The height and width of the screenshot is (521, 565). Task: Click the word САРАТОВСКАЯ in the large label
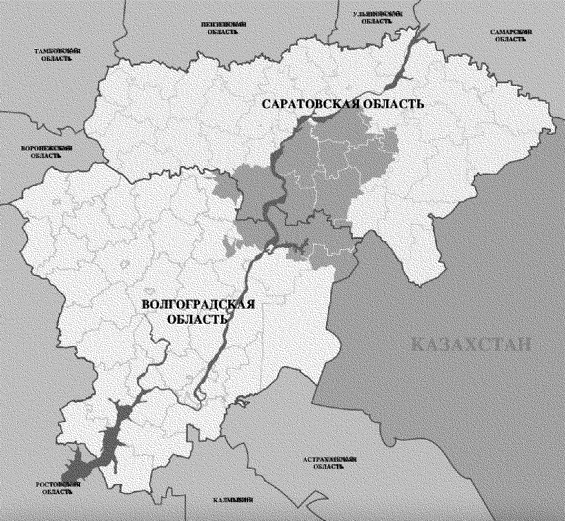click(x=310, y=104)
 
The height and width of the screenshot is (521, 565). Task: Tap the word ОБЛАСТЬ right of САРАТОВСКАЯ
click(x=394, y=104)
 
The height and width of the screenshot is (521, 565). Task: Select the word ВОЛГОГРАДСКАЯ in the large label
click(x=198, y=305)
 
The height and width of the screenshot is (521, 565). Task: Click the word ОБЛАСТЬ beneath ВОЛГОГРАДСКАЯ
click(x=198, y=319)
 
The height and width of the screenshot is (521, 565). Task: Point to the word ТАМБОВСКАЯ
click(x=57, y=51)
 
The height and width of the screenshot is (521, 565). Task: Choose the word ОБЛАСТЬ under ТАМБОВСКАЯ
click(x=56, y=58)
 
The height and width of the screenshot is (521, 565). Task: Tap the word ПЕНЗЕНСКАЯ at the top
click(x=223, y=24)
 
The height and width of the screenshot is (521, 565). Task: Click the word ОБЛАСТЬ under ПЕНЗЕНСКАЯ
click(x=223, y=32)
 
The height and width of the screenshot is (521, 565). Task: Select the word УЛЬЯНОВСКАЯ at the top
click(x=378, y=14)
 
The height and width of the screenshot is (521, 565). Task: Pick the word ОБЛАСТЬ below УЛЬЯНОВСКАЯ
click(x=377, y=21)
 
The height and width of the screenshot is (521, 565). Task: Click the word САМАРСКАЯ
click(x=511, y=32)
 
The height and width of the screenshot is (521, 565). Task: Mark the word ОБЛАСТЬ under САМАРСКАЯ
click(x=511, y=39)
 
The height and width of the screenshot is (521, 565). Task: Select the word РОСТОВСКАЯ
click(x=58, y=484)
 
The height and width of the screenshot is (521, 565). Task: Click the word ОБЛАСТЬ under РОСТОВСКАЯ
click(x=57, y=492)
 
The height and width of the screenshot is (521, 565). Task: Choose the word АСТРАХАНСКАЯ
click(x=329, y=459)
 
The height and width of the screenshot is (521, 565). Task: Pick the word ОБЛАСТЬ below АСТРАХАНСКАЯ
click(x=328, y=467)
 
